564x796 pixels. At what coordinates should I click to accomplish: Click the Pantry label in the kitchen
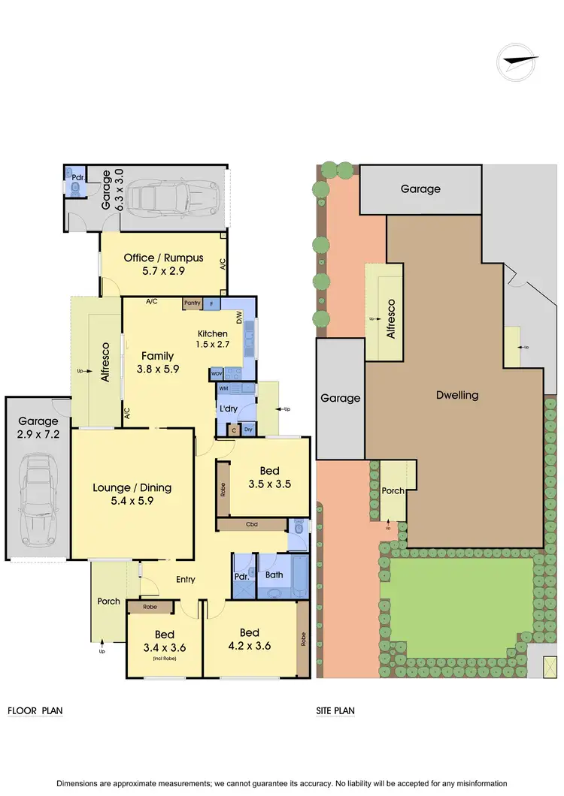coord(193,303)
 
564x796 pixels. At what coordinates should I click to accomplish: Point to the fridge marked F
coord(212,303)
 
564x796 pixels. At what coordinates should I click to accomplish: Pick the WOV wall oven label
coord(217,373)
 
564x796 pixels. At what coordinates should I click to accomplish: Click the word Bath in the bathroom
coord(274,574)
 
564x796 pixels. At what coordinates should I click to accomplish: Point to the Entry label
coord(186,579)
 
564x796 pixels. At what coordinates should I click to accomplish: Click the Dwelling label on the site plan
coord(457,395)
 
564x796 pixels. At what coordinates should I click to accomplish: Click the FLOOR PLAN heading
coord(35,710)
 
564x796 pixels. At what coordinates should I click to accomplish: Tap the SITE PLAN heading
coord(335,710)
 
